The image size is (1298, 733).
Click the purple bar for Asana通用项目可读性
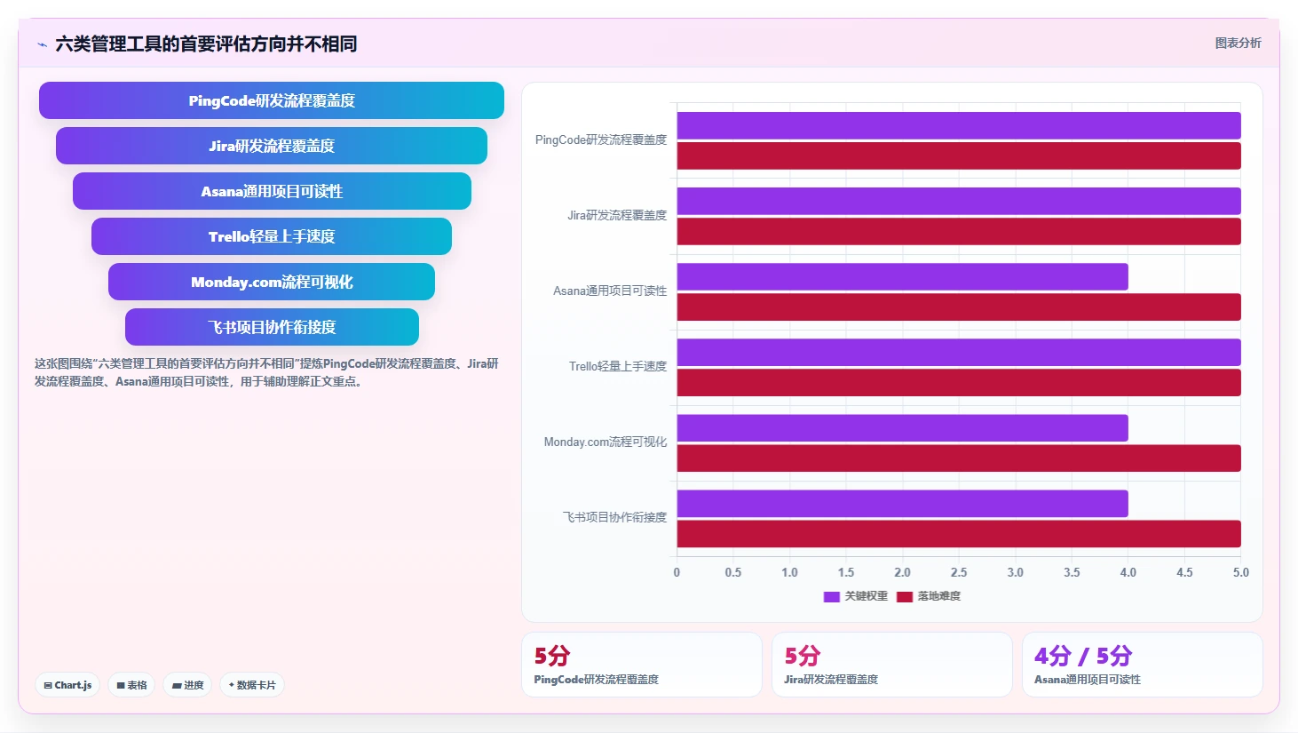(902, 276)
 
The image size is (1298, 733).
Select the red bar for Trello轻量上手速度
(959, 383)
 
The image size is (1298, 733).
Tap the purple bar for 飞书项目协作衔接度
(902, 504)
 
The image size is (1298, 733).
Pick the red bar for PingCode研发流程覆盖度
(959, 156)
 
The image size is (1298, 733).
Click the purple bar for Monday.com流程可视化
(902, 428)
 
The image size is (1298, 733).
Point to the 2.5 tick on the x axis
(959, 572)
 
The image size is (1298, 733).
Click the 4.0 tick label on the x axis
(1128, 572)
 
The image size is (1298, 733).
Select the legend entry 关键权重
(855, 596)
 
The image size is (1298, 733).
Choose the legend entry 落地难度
(929, 596)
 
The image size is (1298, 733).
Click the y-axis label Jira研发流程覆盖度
(617, 215)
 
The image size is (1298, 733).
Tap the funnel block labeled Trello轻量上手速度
(271, 236)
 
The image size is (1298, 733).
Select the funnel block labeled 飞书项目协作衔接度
(272, 327)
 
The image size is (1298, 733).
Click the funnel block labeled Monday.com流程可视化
(271, 282)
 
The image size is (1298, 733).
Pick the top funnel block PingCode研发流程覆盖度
(271, 100)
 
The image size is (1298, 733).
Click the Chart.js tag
(67, 685)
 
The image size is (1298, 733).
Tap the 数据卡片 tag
(252, 685)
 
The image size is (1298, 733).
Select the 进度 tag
(187, 685)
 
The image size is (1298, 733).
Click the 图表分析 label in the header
(1238, 43)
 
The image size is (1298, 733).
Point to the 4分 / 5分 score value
(1083, 656)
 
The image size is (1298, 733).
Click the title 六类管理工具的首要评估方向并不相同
(206, 44)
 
